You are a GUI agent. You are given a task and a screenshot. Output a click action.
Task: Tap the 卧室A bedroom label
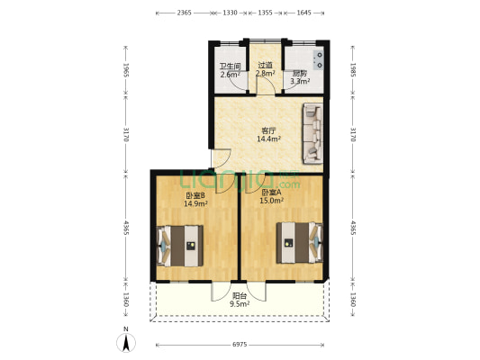[x=271, y=193]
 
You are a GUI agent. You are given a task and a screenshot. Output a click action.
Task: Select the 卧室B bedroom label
[x=195, y=195]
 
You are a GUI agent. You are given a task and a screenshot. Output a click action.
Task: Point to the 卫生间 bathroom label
[x=230, y=67]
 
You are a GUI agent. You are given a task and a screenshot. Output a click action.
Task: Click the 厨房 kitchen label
[x=299, y=73]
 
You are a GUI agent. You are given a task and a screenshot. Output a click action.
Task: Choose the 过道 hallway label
[x=265, y=65]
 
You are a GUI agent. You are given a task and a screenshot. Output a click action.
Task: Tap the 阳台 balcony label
[x=239, y=296]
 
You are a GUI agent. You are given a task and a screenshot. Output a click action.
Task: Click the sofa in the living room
[x=311, y=135]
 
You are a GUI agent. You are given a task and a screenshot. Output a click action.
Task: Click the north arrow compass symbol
[x=125, y=341]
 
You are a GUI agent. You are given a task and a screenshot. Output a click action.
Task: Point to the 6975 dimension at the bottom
[x=240, y=346]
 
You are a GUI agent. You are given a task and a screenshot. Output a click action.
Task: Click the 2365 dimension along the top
[x=184, y=13]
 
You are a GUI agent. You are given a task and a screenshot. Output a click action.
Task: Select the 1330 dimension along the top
[x=230, y=13]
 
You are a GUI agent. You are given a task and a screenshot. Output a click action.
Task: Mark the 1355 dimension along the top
[x=266, y=13]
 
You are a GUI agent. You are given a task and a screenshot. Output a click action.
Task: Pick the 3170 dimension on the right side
[x=352, y=136]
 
